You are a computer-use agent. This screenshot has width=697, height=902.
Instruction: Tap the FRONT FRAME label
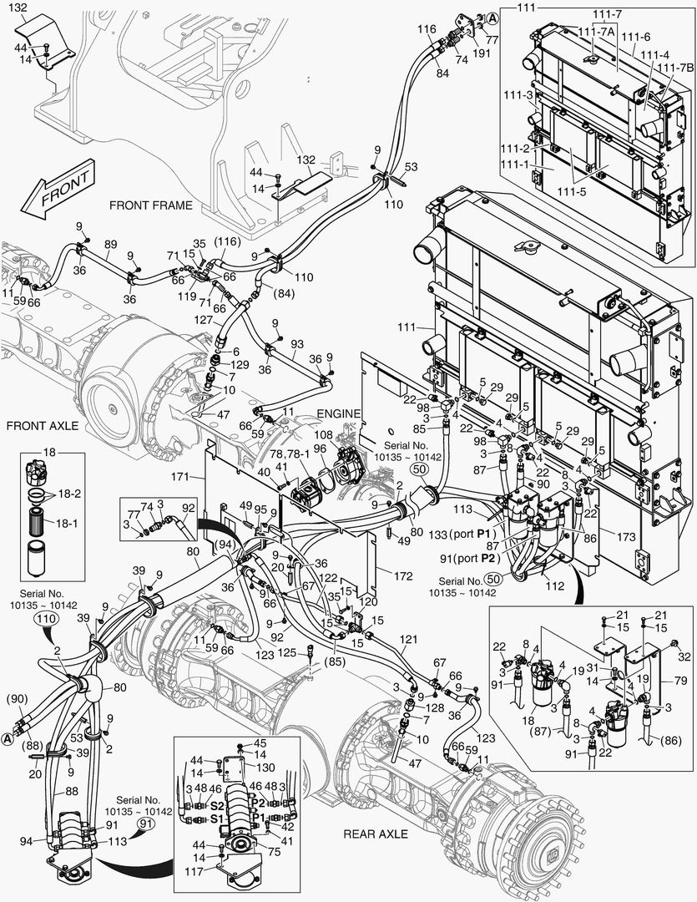point(150,205)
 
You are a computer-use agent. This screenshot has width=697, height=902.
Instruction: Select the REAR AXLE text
point(375,834)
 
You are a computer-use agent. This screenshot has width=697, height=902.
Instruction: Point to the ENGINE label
point(340,413)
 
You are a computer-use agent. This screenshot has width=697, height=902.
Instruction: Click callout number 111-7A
point(588,31)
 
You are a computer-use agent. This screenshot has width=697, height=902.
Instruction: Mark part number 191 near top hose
point(482,52)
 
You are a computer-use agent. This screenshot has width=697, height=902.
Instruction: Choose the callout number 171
point(193,476)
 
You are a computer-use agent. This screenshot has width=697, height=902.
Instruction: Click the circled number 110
point(46,619)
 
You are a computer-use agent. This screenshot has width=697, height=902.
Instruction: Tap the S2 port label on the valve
point(216,807)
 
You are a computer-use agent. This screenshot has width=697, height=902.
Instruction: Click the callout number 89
point(109,244)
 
